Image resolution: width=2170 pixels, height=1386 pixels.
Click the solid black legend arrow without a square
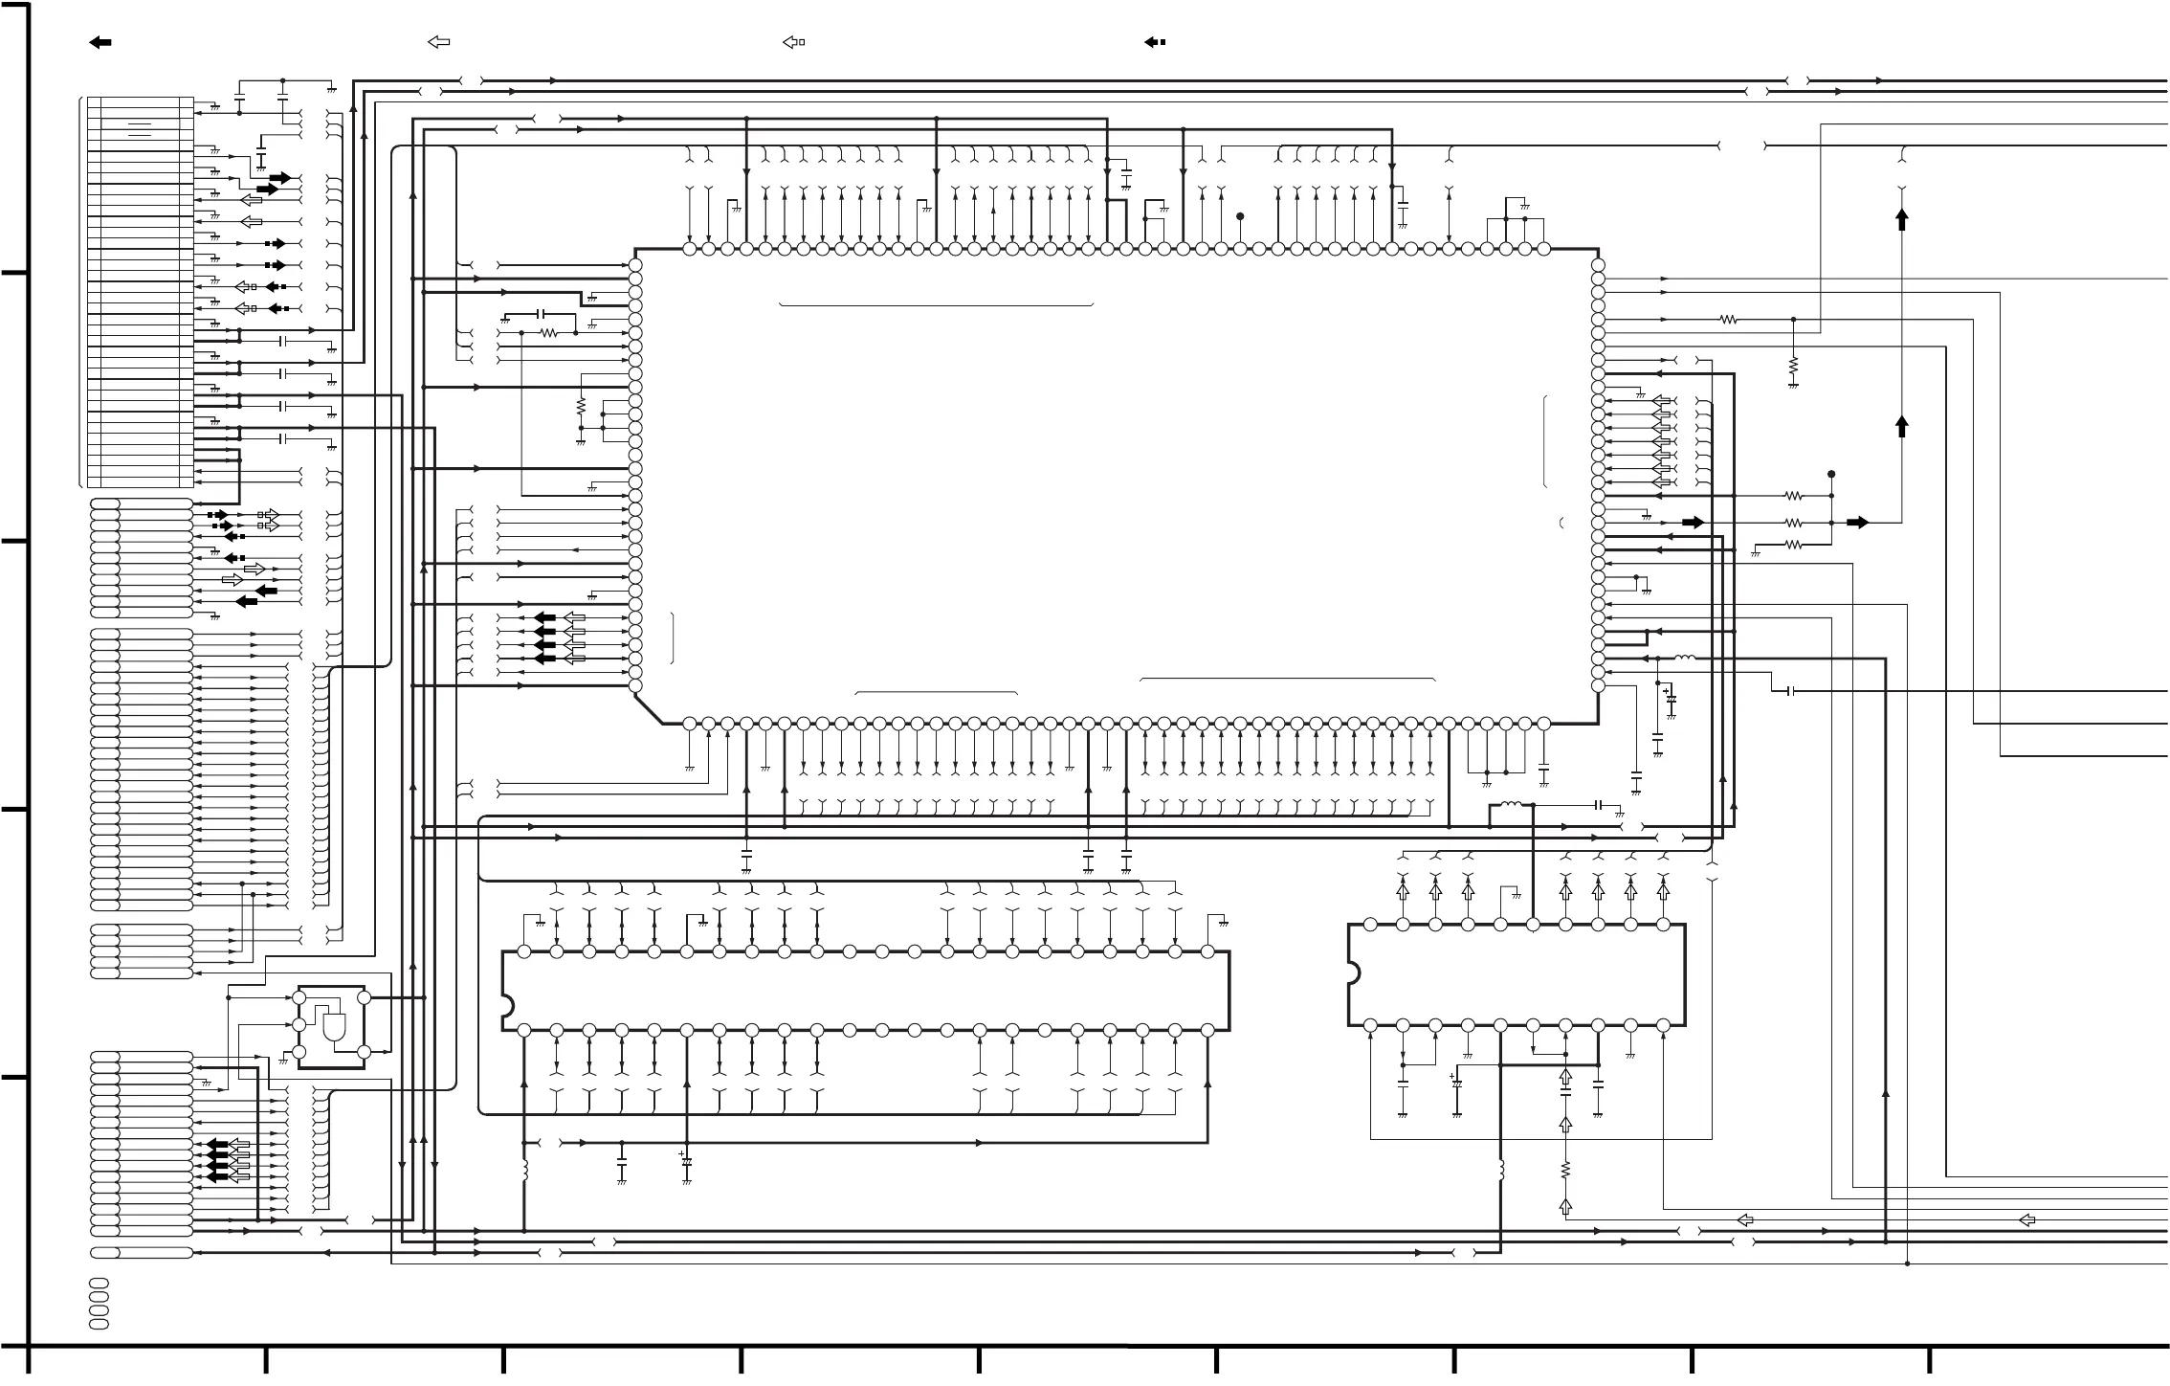(100, 42)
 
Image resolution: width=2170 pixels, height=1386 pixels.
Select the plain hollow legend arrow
(438, 42)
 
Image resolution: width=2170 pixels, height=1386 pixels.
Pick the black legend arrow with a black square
(1154, 42)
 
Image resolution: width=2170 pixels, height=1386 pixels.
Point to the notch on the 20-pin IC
(1353, 973)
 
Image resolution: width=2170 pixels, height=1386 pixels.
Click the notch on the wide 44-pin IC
(507, 1005)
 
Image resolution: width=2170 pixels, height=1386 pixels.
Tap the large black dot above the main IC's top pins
(1240, 216)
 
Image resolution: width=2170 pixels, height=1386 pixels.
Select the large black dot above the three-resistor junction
(1831, 474)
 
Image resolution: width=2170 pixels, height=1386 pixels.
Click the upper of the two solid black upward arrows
(1902, 220)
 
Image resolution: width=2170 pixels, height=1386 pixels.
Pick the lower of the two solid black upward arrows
(1902, 426)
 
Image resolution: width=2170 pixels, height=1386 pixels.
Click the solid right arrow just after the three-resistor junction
(1857, 523)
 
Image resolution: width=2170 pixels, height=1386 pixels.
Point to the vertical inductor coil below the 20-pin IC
(1500, 1171)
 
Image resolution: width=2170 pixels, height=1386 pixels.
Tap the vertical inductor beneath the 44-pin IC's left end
(524, 1171)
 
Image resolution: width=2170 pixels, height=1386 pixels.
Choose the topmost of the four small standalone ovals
(99, 1283)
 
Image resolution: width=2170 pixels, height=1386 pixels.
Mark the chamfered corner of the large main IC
(649, 709)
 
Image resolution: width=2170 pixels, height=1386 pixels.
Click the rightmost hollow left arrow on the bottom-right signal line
(2026, 1220)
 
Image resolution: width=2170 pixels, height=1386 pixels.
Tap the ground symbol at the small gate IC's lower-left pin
(283, 1061)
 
